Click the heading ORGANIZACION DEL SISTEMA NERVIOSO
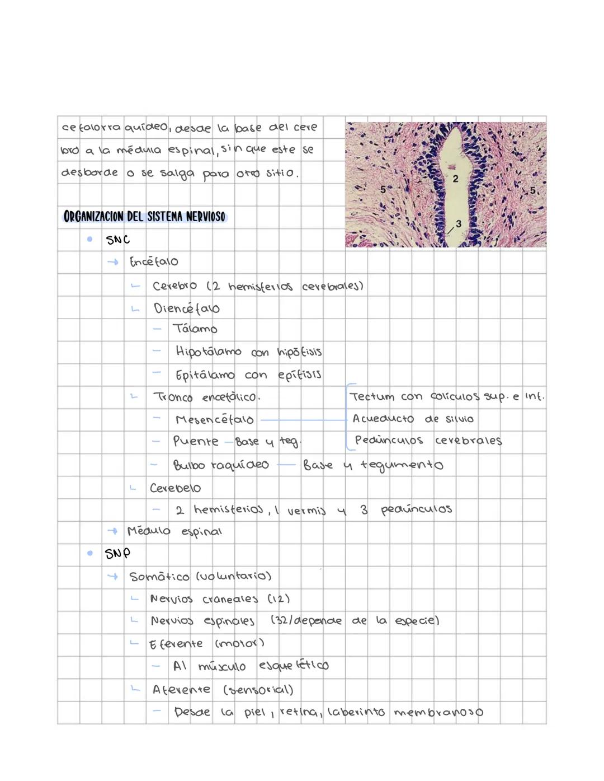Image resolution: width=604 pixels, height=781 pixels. click(144, 216)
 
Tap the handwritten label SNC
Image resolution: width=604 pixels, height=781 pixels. click(117, 240)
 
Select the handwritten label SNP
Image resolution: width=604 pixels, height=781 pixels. click(117, 554)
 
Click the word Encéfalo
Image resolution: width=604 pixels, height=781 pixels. click(154, 262)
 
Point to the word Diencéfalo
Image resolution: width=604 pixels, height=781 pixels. click(186, 308)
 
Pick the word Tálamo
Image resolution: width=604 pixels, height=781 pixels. click(195, 329)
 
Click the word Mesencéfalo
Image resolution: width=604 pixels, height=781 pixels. click(214, 419)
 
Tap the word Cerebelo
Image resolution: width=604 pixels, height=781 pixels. click(175, 488)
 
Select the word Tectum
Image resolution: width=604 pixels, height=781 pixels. click(372, 396)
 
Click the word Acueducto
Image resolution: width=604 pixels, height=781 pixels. click(383, 419)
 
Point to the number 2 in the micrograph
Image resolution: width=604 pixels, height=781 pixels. click(455, 179)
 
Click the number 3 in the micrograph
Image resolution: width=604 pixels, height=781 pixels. click(459, 223)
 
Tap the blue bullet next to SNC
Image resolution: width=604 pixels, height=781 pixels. click(89, 239)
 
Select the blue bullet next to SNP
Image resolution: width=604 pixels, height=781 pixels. click(89, 553)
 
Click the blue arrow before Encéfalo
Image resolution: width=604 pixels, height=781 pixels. click(113, 261)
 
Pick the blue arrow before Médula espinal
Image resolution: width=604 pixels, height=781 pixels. click(113, 531)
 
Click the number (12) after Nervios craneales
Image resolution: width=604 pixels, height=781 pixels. click(279, 598)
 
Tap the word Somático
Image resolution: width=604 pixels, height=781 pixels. click(159, 577)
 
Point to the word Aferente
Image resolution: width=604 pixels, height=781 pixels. click(181, 690)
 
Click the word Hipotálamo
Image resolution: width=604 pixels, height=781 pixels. click(208, 352)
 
